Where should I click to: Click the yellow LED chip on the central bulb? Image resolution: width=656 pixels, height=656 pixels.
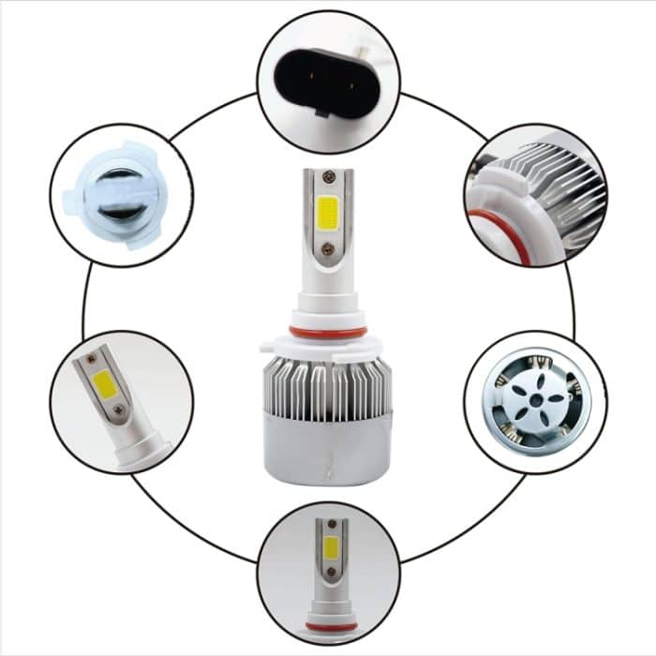(x=328, y=212)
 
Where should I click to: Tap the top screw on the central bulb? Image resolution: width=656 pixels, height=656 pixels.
(x=327, y=176)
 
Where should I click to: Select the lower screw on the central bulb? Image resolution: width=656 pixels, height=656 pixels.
(x=327, y=249)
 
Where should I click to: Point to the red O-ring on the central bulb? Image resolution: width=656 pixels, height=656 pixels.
(x=327, y=332)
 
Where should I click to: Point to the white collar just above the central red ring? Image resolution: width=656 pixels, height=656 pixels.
(x=327, y=311)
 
